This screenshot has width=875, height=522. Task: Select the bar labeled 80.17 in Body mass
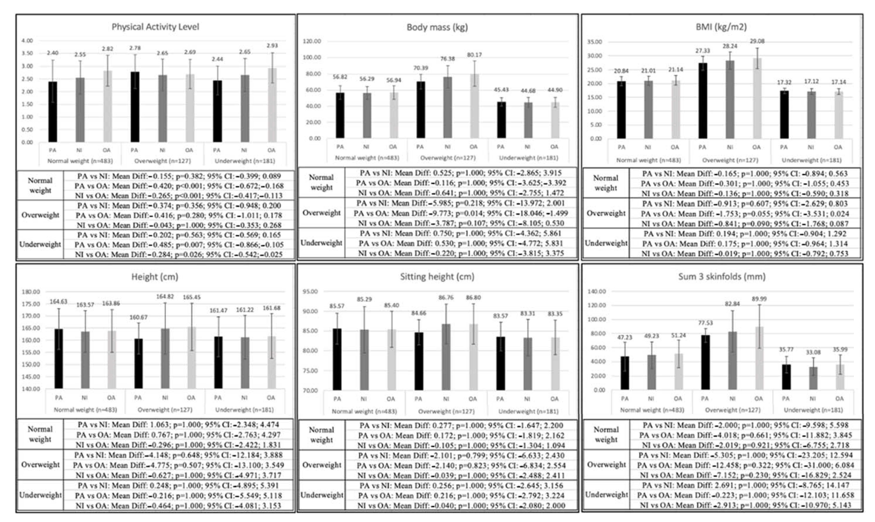[474, 105]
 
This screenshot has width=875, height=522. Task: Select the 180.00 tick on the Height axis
[31, 292]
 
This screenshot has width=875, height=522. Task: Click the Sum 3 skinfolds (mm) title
[722, 277]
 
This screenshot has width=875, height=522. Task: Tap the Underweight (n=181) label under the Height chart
[244, 410]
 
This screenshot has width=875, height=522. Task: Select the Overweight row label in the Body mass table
[321, 213]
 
